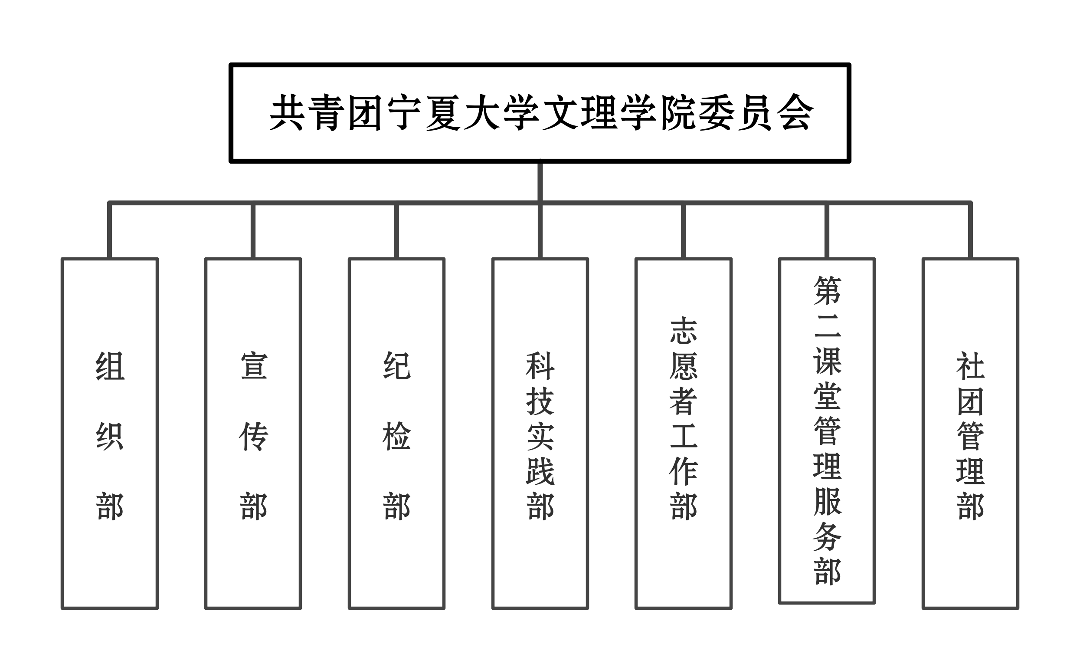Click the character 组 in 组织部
(110, 366)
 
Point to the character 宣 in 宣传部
(254, 366)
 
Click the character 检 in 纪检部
(397, 437)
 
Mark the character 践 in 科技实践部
(540, 472)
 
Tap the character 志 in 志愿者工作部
(684, 331)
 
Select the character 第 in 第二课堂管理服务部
(827, 291)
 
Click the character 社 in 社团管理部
(971, 366)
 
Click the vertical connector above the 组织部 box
(110, 230)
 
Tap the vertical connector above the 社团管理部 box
(971, 230)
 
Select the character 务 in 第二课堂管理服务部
(827, 537)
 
